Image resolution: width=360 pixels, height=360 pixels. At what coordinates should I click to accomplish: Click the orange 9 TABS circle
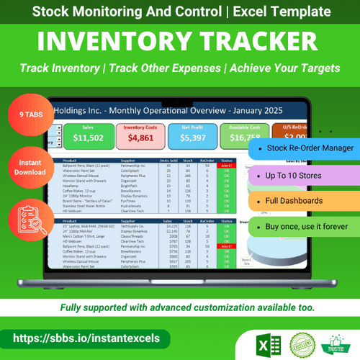point(29,114)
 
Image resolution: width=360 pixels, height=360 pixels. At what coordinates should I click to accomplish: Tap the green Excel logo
point(270,338)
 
